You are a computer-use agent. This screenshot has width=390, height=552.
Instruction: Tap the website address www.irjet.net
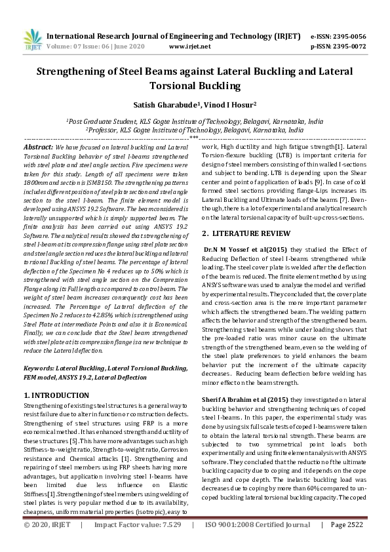pos(189,47)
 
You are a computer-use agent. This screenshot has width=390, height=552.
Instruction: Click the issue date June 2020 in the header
pos(136,47)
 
